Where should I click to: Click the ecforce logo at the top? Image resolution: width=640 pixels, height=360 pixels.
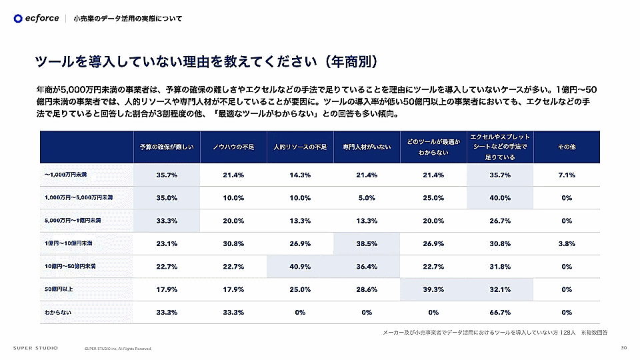(36, 18)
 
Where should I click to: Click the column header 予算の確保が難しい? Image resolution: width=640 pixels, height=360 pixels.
(167, 147)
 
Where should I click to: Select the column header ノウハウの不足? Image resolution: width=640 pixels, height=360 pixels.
(233, 147)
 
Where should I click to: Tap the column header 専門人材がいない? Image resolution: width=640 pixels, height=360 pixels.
(367, 147)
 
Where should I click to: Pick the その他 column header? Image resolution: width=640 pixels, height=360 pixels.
(567, 147)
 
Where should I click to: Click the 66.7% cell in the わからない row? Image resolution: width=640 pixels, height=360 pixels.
(500, 312)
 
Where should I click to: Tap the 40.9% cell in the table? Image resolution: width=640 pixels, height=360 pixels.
(300, 267)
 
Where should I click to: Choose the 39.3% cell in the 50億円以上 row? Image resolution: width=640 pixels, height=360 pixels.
(433, 289)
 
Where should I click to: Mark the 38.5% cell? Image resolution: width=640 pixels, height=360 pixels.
(367, 243)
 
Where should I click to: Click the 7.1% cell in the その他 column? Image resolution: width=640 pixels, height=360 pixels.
(567, 175)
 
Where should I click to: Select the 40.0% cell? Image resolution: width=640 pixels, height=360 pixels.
(500, 198)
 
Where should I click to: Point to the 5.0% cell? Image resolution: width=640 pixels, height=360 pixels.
(367, 198)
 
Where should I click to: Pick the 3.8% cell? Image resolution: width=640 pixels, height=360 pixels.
(567, 243)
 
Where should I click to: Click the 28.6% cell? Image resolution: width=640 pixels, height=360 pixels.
(367, 289)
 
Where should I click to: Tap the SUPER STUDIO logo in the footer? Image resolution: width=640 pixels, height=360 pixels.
(35, 348)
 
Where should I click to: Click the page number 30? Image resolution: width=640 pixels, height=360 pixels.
(623, 347)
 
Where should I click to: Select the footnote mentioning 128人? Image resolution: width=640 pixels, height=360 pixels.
(495, 332)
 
